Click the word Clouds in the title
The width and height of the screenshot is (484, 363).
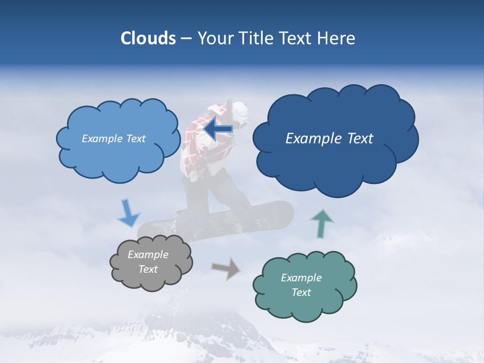click(148, 38)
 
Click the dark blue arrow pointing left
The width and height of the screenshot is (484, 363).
click(218, 129)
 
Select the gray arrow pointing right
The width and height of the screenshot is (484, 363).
click(226, 268)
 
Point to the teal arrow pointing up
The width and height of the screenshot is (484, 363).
click(322, 223)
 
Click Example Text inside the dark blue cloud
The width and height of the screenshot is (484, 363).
click(329, 139)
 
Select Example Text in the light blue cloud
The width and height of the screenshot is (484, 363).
click(113, 139)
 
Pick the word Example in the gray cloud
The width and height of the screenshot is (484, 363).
click(148, 255)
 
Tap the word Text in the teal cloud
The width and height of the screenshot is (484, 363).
click(301, 292)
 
